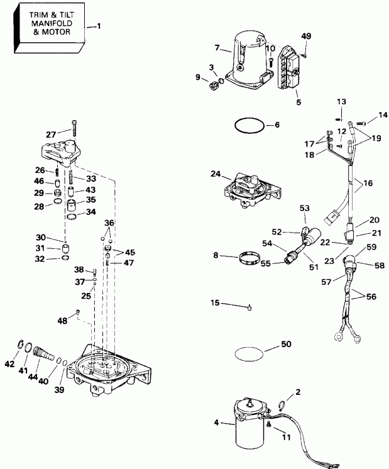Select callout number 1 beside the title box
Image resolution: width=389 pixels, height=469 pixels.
click(97, 26)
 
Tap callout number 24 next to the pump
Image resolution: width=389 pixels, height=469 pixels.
click(215, 174)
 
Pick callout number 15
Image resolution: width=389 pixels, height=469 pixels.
click(214, 303)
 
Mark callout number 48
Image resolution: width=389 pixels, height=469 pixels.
click(62, 321)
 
